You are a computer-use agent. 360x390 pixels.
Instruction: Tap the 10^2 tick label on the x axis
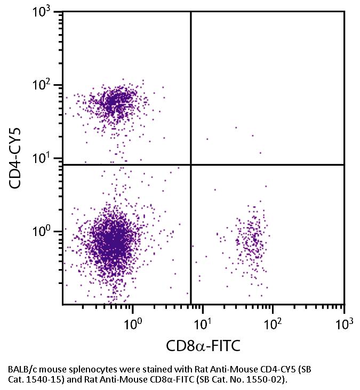pyautogui.click(x=274, y=323)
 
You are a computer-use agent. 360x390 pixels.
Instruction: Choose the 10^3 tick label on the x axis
pyautogui.click(x=344, y=323)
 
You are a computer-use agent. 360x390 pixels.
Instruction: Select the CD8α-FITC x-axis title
pyautogui.click(x=203, y=346)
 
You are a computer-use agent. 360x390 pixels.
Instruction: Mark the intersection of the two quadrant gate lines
pyautogui.click(x=191, y=165)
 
